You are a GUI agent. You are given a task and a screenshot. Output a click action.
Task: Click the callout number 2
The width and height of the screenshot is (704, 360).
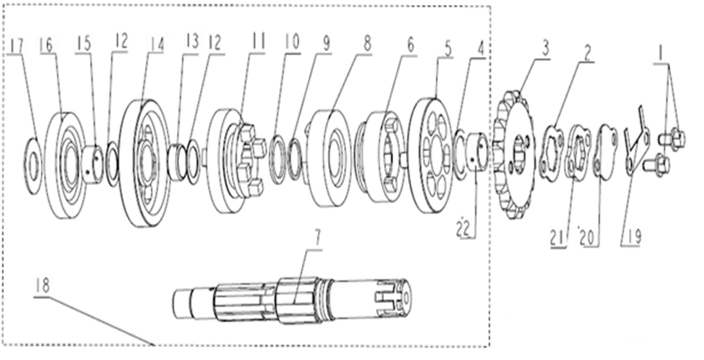588,54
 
